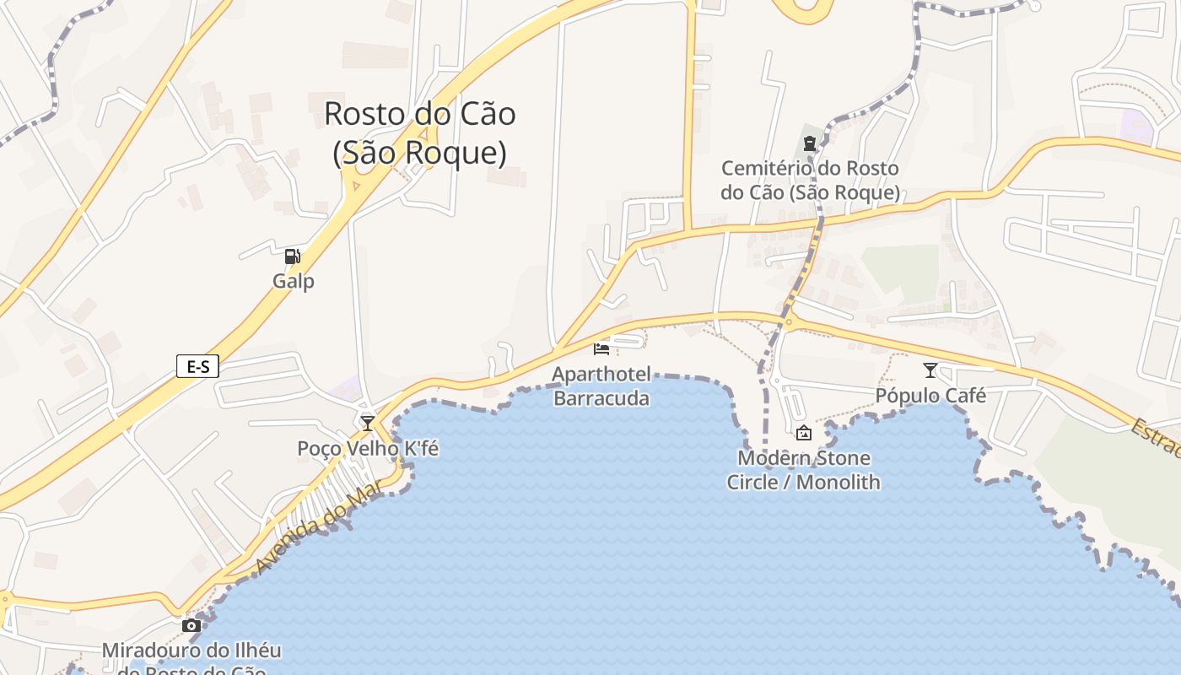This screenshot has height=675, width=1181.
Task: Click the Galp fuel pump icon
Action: point(292,256)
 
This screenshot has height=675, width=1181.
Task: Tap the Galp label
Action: point(294,281)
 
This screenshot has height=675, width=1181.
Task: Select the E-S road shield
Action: point(197,366)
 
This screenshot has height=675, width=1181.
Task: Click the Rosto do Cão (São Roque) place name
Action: point(420,133)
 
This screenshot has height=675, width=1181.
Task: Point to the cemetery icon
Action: point(810,143)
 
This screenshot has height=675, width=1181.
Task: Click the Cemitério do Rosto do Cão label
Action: point(810,181)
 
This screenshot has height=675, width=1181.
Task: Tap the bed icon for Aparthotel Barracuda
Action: point(601,348)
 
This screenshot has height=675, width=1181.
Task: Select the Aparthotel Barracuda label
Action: point(601,386)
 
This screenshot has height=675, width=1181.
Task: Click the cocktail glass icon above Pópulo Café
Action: point(930,370)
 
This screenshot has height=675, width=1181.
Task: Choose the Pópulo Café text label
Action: point(930,395)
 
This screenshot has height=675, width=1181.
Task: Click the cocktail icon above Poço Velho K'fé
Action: point(367,423)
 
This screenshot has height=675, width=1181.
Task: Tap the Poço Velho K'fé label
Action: point(368,448)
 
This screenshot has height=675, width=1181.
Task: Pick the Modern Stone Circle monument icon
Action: point(804,433)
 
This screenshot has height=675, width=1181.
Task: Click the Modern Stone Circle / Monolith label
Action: point(803,470)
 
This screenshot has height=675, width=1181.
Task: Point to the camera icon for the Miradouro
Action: point(191,625)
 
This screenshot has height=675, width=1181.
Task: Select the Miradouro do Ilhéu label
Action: point(191,651)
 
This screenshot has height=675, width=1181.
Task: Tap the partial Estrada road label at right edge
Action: point(1156,438)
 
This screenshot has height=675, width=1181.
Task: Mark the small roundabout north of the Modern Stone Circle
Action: point(789,321)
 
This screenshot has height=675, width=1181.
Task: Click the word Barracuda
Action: point(601,398)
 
